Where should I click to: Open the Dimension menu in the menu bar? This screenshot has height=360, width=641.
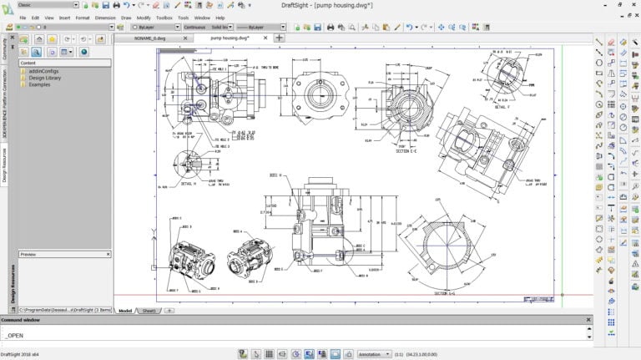105,17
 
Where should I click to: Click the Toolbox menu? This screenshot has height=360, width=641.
164,17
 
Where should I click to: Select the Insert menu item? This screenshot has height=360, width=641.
64,17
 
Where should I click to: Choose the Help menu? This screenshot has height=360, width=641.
220,17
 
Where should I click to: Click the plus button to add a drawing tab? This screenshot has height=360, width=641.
279,38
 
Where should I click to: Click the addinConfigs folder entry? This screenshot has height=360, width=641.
42,71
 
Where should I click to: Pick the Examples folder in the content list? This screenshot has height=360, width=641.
39,84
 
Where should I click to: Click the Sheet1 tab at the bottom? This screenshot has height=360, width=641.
149,310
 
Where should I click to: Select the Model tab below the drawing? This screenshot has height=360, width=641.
126,310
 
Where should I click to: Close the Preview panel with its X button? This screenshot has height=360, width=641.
108,254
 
